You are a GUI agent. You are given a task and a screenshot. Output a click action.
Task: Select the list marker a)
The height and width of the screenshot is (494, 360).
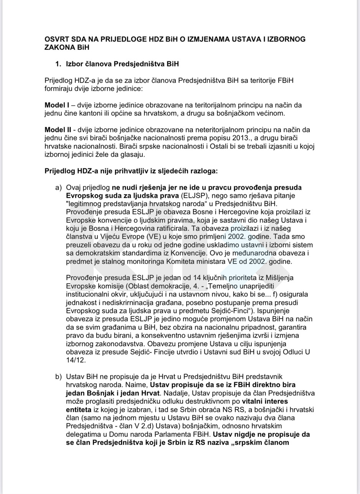click(59, 187)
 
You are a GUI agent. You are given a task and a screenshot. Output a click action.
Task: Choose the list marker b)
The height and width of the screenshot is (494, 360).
click(59, 376)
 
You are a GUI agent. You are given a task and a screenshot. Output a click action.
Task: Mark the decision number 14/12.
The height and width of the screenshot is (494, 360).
click(76, 360)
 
